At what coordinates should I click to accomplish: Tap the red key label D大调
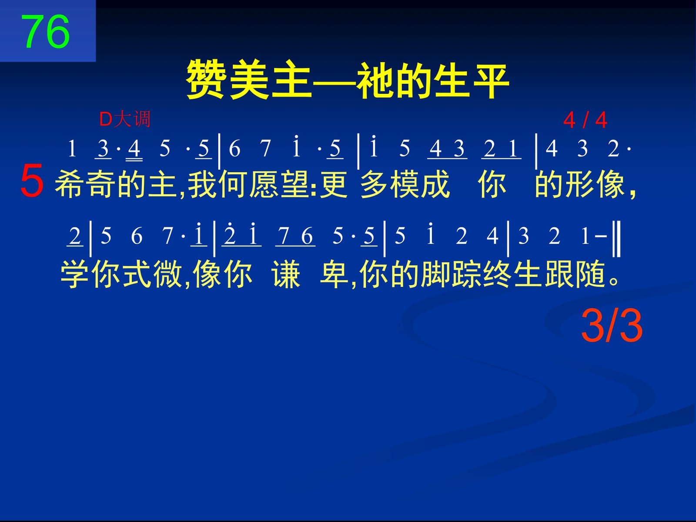(124, 120)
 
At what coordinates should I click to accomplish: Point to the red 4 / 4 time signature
(586, 120)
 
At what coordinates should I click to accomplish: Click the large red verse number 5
(32, 180)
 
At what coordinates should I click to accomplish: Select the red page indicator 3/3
(612, 326)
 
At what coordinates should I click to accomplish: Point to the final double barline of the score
(616, 239)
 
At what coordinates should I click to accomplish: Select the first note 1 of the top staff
(72, 148)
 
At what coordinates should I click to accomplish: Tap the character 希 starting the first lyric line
(69, 184)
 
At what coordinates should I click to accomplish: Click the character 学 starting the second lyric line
(74, 274)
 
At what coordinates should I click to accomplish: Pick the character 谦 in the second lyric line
(286, 274)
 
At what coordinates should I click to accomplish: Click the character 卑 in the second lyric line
(334, 274)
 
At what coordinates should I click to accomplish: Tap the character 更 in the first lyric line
(334, 184)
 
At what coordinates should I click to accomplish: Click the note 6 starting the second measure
(234, 148)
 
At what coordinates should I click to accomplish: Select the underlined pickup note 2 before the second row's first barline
(75, 236)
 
